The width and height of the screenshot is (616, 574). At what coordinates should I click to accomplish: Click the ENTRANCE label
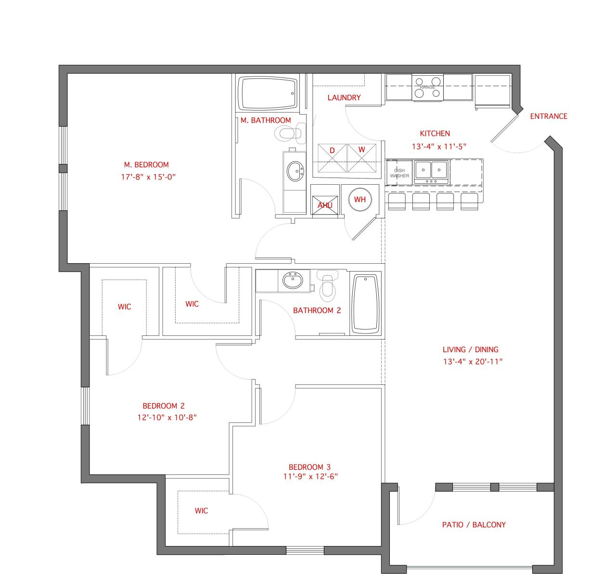548,116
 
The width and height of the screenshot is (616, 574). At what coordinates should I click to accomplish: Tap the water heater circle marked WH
359,199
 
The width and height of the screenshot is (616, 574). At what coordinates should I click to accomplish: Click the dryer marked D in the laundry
332,158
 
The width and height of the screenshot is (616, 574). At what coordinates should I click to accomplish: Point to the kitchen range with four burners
427,88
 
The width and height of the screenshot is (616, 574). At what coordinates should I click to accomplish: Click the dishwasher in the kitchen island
399,173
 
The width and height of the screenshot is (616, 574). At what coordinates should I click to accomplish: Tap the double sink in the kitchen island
431,172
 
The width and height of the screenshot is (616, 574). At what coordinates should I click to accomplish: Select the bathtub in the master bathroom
268,93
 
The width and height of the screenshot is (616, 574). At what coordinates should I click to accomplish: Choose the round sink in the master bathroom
295,170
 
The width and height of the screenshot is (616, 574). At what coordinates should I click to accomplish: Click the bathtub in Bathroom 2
366,304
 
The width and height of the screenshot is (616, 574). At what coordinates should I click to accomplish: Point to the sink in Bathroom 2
292,281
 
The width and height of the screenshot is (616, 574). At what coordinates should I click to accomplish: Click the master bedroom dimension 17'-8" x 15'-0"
148,177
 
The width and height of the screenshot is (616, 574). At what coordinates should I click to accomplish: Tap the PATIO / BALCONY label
474,524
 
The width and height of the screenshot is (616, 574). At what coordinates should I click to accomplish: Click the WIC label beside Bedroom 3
201,510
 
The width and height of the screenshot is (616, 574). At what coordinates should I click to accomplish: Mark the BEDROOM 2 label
163,406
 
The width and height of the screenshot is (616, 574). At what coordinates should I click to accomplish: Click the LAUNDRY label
344,98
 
